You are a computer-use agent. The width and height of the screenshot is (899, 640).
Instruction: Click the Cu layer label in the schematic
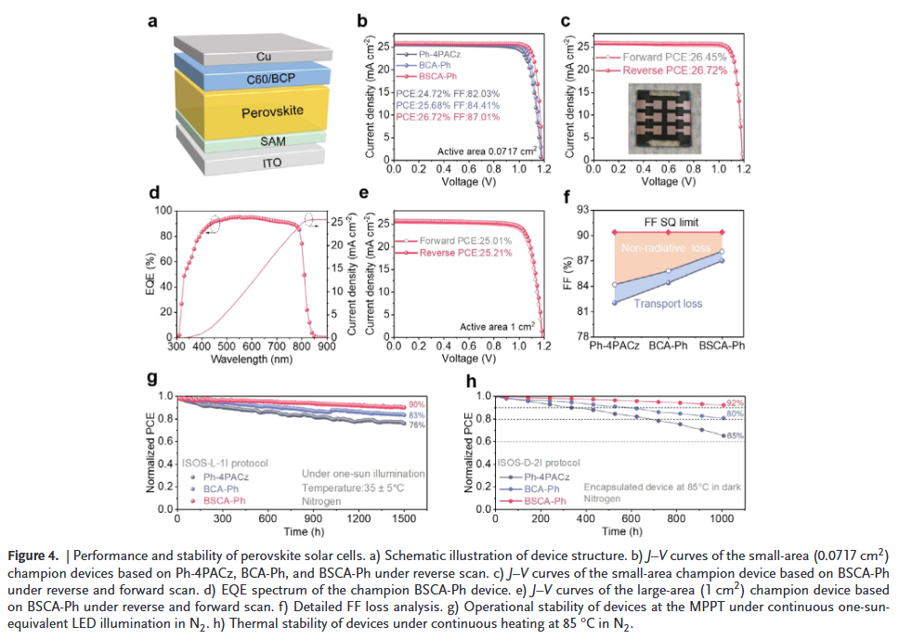click(264, 57)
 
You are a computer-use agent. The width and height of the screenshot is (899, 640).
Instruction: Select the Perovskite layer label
click(267, 114)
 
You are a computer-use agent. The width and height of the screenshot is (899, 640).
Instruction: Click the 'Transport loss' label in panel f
click(668, 304)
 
